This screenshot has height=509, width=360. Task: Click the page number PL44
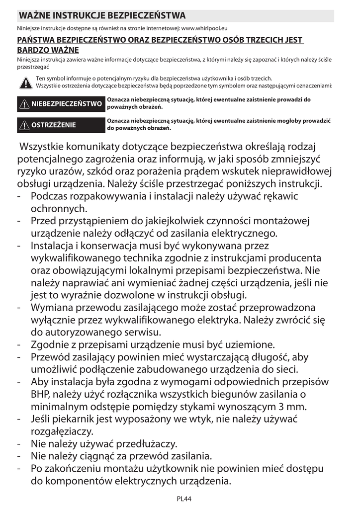pos(184,498)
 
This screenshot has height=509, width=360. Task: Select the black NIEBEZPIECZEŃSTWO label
pos(61,104)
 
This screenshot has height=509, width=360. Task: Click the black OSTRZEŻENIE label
pos(61,125)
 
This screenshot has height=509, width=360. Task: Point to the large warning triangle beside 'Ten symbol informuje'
pos(24,83)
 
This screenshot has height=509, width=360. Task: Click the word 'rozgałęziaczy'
pos(62,431)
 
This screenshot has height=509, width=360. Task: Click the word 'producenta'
pos(292,258)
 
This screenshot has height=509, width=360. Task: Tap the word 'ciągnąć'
pos(104,456)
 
